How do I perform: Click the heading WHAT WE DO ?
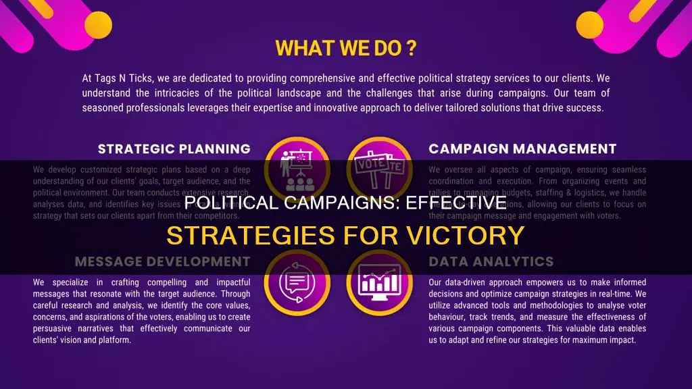coord(345,49)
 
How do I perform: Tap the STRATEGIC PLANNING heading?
coord(174,149)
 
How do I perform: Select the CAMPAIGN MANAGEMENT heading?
coord(522,149)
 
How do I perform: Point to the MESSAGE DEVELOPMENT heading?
coord(162,262)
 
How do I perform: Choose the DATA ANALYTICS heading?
coord(491,262)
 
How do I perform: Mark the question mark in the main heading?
coord(411,49)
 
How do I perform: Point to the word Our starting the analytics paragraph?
coord(437,282)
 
